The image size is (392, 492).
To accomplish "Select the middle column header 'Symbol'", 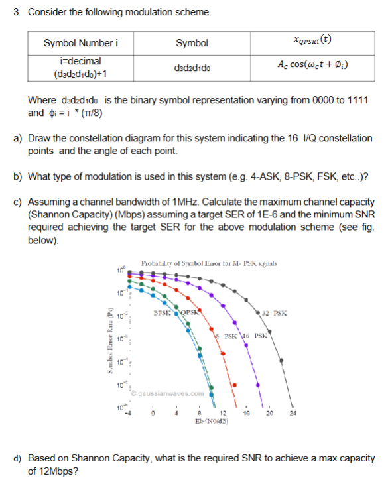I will pos(192,44).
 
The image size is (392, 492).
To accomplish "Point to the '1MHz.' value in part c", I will pos(199,201).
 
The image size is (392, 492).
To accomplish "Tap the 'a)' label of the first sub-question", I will pos(18,139).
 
